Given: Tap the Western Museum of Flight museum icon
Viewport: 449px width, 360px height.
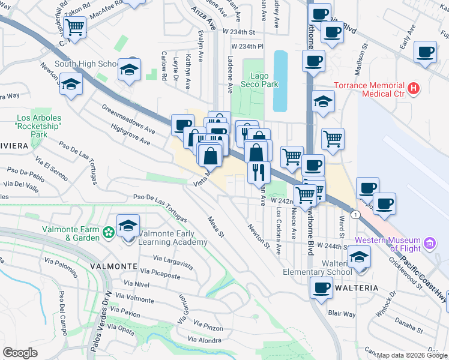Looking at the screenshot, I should click(x=429, y=244).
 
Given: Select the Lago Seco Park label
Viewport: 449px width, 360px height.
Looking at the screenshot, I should click(x=264, y=80).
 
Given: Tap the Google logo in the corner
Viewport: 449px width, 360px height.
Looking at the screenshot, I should click(x=20, y=353).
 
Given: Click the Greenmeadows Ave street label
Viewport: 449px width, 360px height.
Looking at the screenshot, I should click(x=125, y=120).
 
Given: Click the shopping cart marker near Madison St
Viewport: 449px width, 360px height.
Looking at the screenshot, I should click(x=333, y=139).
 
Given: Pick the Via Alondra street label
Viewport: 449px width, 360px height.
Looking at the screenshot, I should click(x=205, y=340).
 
